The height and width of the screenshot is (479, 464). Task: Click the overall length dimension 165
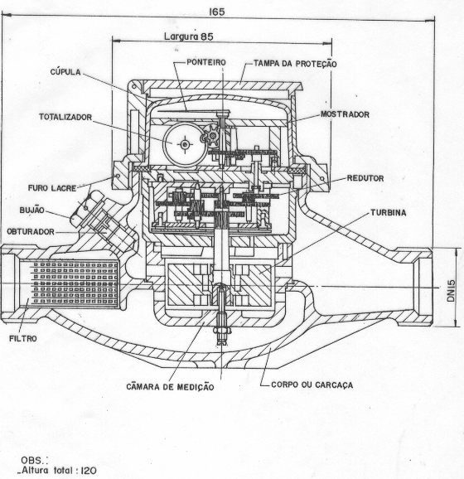click(217, 12)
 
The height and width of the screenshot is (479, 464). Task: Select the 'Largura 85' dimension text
click(189, 36)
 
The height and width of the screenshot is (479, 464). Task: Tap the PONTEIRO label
click(206, 62)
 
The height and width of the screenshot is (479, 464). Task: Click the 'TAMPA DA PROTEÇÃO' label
click(295, 64)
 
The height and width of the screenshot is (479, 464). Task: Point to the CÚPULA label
click(65, 72)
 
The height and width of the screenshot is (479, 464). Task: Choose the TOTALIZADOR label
click(65, 117)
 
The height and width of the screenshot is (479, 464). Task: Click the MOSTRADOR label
click(345, 114)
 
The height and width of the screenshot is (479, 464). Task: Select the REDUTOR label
click(365, 178)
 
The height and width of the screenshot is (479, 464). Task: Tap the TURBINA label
click(389, 213)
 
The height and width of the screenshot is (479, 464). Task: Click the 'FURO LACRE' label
click(52, 188)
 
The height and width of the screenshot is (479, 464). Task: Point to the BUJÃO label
click(31, 210)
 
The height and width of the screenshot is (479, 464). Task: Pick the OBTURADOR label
click(31, 231)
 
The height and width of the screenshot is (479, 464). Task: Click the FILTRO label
click(23, 338)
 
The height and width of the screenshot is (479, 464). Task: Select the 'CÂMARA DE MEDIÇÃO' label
click(170, 386)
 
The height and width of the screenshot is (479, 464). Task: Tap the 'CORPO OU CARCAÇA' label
click(312, 385)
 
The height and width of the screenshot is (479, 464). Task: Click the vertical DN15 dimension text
click(452, 291)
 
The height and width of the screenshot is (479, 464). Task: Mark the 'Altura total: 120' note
click(57, 470)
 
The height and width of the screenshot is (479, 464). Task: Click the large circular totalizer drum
click(185, 144)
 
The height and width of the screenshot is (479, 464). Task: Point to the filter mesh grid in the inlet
click(75, 283)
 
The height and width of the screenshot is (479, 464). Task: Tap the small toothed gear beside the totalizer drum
click(211, 135)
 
